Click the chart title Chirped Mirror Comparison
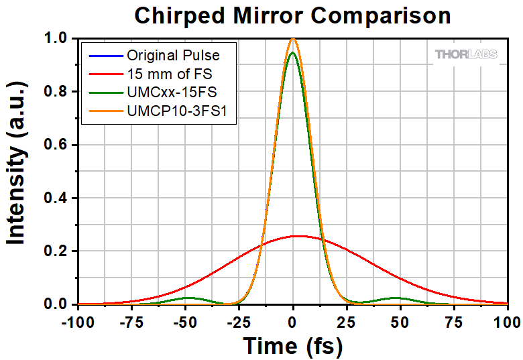[x=292, y=15]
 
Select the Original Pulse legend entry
[x=172, y=54]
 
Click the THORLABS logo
[x=467, y=54]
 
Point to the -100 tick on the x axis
[x=78, y=320]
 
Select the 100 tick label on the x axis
[x=504, y=320]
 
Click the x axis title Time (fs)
[x=292, y=346]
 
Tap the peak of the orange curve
[x=293, y=39]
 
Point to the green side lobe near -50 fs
[x=188, y=298]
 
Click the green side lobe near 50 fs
[x=396, y=298]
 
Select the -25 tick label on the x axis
[x=239, y=320]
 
